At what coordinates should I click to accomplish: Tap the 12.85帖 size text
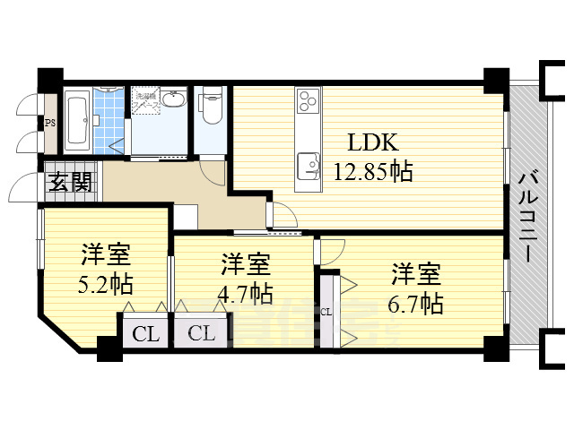click(x=373, y=172)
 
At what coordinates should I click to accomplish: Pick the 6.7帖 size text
click(x=415, y=303)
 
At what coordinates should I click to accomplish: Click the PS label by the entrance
click(x=50, y=124)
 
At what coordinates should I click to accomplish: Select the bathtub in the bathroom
click(x=77, y=121)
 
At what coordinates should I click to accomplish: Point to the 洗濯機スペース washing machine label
click(x=146, y=101)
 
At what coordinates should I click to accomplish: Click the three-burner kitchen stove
click(x=308, y=100)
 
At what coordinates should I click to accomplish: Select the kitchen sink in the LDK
click(x=309, y=165)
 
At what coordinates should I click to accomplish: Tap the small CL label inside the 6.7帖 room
click(x=326, y=312)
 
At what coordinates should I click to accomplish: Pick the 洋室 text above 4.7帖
click(x=246, y=265)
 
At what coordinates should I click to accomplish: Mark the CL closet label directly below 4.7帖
click(x=201, y=334)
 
